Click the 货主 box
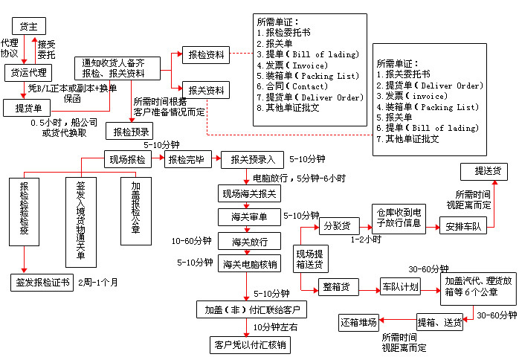(28, 27)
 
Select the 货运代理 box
(28, 73)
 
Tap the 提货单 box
(28, 109)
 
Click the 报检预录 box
(127, 132)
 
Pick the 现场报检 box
(127, 159)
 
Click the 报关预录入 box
(252, 159)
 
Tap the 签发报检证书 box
(42, 283)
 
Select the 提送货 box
(486, 172)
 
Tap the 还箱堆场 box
(358, 323)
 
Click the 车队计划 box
(400, 286)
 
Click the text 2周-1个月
(100, 283)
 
